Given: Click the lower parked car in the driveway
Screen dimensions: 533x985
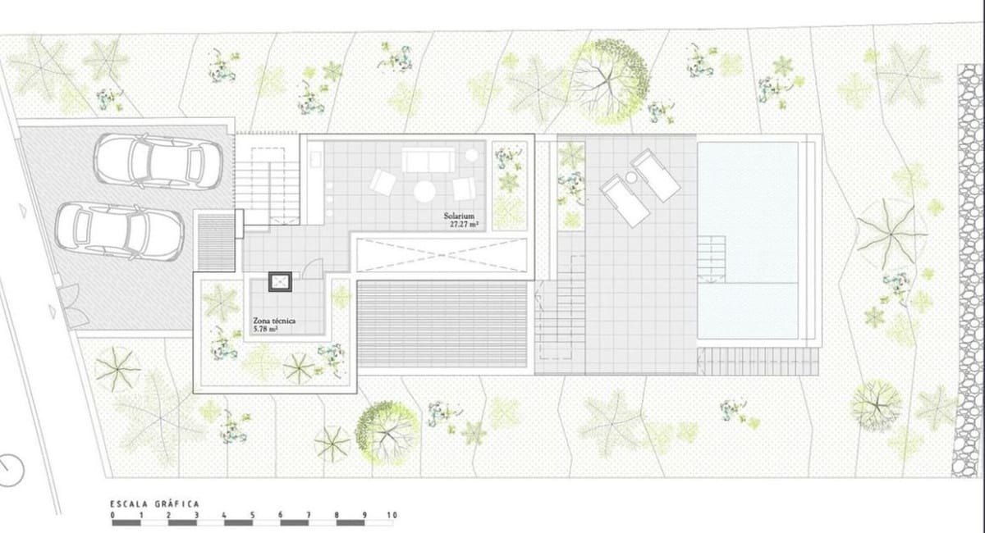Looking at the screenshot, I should point(118,230).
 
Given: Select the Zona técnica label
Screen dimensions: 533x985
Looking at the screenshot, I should point(275,321).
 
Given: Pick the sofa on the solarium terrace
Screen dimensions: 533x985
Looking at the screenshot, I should point(427,159).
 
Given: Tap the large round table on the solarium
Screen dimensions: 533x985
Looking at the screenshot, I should point(424,191).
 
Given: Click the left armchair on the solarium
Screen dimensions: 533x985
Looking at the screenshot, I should point(383,181).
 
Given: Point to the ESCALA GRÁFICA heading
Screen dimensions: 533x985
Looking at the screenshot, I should point(155,504).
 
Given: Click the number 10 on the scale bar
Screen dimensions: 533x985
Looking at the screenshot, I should point(391,515).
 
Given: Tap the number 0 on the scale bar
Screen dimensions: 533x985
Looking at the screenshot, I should point(113,515).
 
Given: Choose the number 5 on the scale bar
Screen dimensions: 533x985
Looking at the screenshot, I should point(252,515).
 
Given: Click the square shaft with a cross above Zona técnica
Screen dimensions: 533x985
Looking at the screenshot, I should point(281,282).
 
